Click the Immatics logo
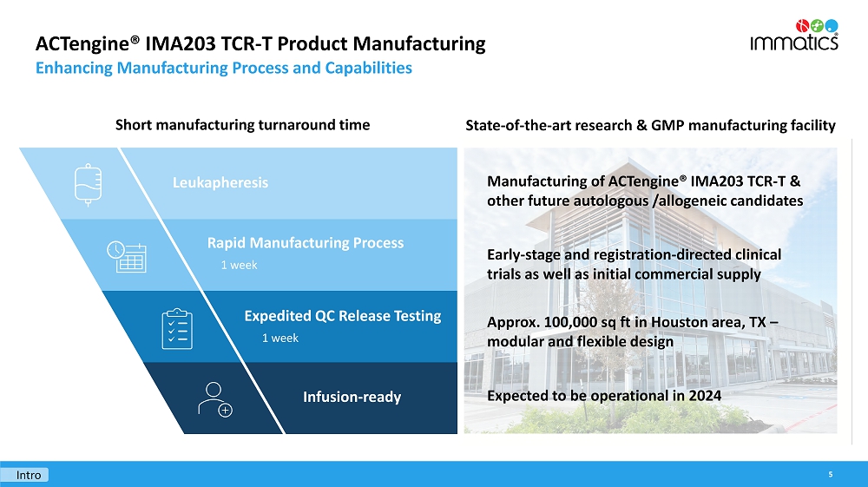[793, 33]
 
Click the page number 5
[831, 475]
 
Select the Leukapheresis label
[220, 182]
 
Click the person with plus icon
[214, 399]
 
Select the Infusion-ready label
[352, 397]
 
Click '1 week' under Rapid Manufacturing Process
[239, 265]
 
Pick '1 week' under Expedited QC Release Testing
[279, 338]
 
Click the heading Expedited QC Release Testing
[342, 316]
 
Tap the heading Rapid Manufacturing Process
[305, 243]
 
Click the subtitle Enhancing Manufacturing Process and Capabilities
[223, 68]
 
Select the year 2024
[705, 396]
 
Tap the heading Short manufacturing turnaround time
[242, 124]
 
